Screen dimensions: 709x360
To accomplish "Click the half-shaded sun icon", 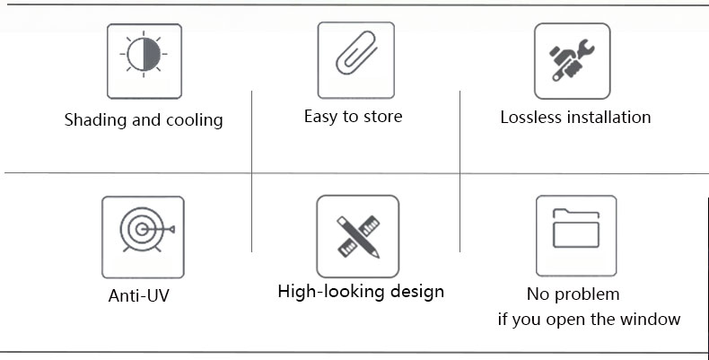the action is coord(144,54).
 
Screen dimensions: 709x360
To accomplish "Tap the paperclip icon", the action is coord(356,52).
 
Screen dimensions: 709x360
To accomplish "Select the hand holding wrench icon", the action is coord(572,60).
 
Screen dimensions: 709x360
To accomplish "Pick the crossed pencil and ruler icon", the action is coord(358,236).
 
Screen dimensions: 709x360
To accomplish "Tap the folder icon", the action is coord(576,228).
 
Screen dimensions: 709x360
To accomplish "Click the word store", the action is coord(383,117).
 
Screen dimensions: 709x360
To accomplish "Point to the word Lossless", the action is coord(530,118).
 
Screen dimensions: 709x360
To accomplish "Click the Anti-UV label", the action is coord(139,295).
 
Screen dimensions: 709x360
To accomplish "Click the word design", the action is coord(417,292).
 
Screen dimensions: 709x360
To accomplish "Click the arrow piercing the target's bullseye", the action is coord(158,229).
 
